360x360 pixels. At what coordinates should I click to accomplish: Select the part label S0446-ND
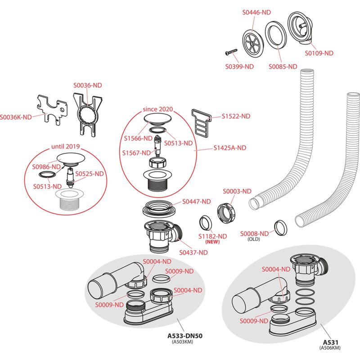tap(256, 13)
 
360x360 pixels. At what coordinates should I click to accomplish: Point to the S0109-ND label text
tap(319, 53)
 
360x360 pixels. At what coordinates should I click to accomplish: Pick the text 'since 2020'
tap(158, 109)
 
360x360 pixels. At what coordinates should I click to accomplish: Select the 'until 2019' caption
tap(65, 146)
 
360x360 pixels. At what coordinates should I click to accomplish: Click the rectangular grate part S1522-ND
tap(201, 123)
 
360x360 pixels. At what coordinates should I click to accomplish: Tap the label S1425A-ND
tap(230, 148)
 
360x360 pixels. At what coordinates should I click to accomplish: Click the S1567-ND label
tap(136, 153)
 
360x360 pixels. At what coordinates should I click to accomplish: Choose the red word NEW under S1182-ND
tap(212, 242)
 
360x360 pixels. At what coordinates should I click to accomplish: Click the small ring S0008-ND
tap(281, 228)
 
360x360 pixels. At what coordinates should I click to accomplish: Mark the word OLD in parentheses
tap(254, 239)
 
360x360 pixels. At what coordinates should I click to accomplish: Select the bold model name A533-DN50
tap(185, 336)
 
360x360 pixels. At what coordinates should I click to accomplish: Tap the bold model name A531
tap(331, 342)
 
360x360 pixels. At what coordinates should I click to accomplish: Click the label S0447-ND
tap(197, 202)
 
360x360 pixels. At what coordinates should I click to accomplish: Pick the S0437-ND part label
tap(193, 252)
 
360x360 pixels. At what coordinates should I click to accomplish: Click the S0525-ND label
tap(90, 174)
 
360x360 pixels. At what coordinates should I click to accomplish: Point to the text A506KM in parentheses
tap(330, 348)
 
